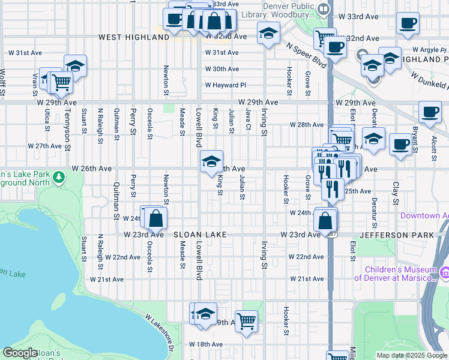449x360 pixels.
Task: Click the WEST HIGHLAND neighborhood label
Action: [134, 37]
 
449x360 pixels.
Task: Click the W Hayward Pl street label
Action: [226, 85]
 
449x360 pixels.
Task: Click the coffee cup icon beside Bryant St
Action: [400, 144]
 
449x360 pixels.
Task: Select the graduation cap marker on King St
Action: [211, 161]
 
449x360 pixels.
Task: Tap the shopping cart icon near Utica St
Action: [60, 82]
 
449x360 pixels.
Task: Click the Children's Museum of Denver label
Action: [396, 273]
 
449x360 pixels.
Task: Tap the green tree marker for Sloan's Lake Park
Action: [58, 178]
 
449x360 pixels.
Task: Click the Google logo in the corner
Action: [20, 353]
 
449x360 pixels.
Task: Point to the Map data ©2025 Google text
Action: [411, 355]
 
